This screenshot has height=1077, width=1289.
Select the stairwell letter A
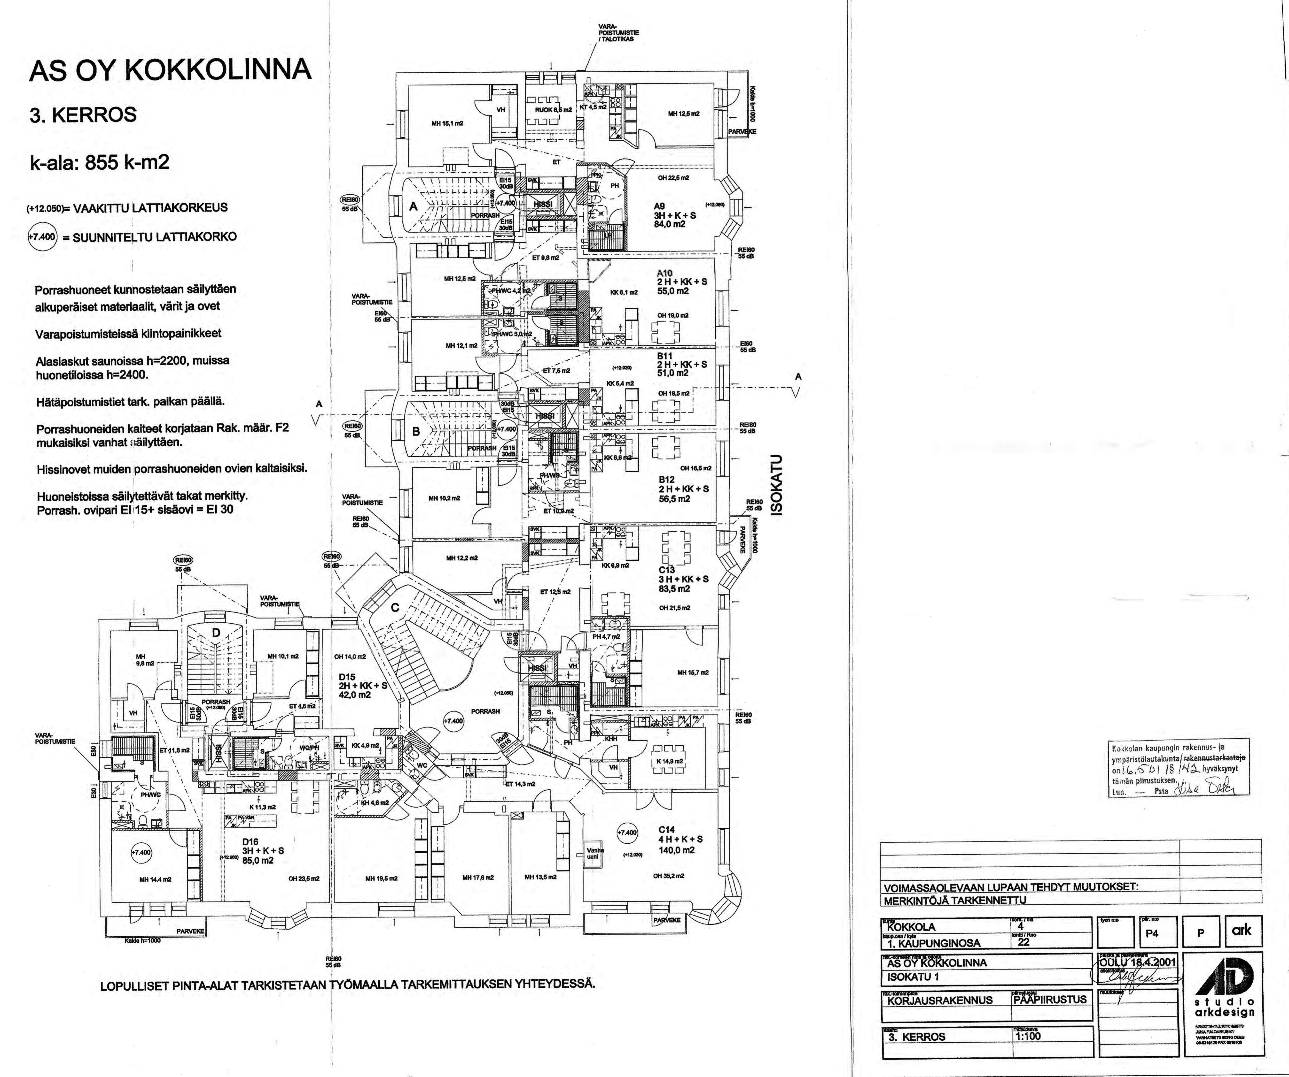coord(413,207)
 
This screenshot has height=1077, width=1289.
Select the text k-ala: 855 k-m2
coord(99,162)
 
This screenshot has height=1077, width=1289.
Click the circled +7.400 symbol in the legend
coord(42,236)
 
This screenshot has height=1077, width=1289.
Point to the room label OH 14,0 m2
coord(350,656)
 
